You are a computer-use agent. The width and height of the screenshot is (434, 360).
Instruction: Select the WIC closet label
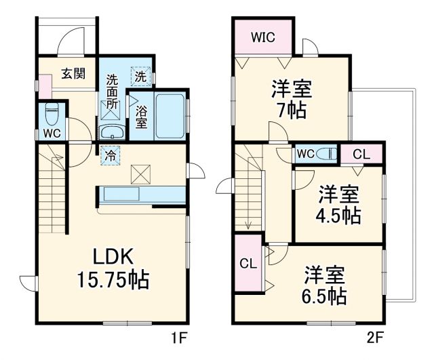(263, 37)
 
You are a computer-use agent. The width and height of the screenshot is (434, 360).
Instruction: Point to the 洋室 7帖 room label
(290, 98)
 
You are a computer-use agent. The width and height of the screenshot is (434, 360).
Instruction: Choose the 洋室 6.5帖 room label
(324, 285)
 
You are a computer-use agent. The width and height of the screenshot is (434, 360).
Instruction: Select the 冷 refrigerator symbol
(109, 155)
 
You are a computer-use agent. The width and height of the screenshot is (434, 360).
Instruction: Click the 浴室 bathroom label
(140, 116)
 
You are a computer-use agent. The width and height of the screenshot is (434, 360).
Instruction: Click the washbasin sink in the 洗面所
(111, 132)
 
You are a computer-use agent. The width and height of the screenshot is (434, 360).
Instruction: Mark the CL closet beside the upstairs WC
(361, 154)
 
